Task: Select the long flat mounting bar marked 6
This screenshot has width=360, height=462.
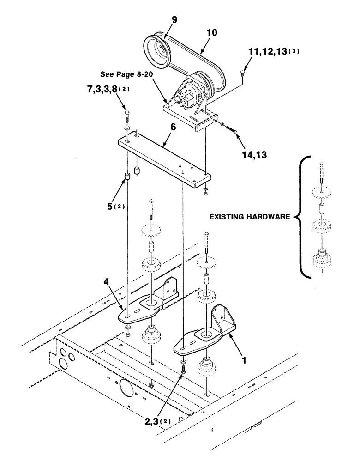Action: [x=166, y=159]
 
